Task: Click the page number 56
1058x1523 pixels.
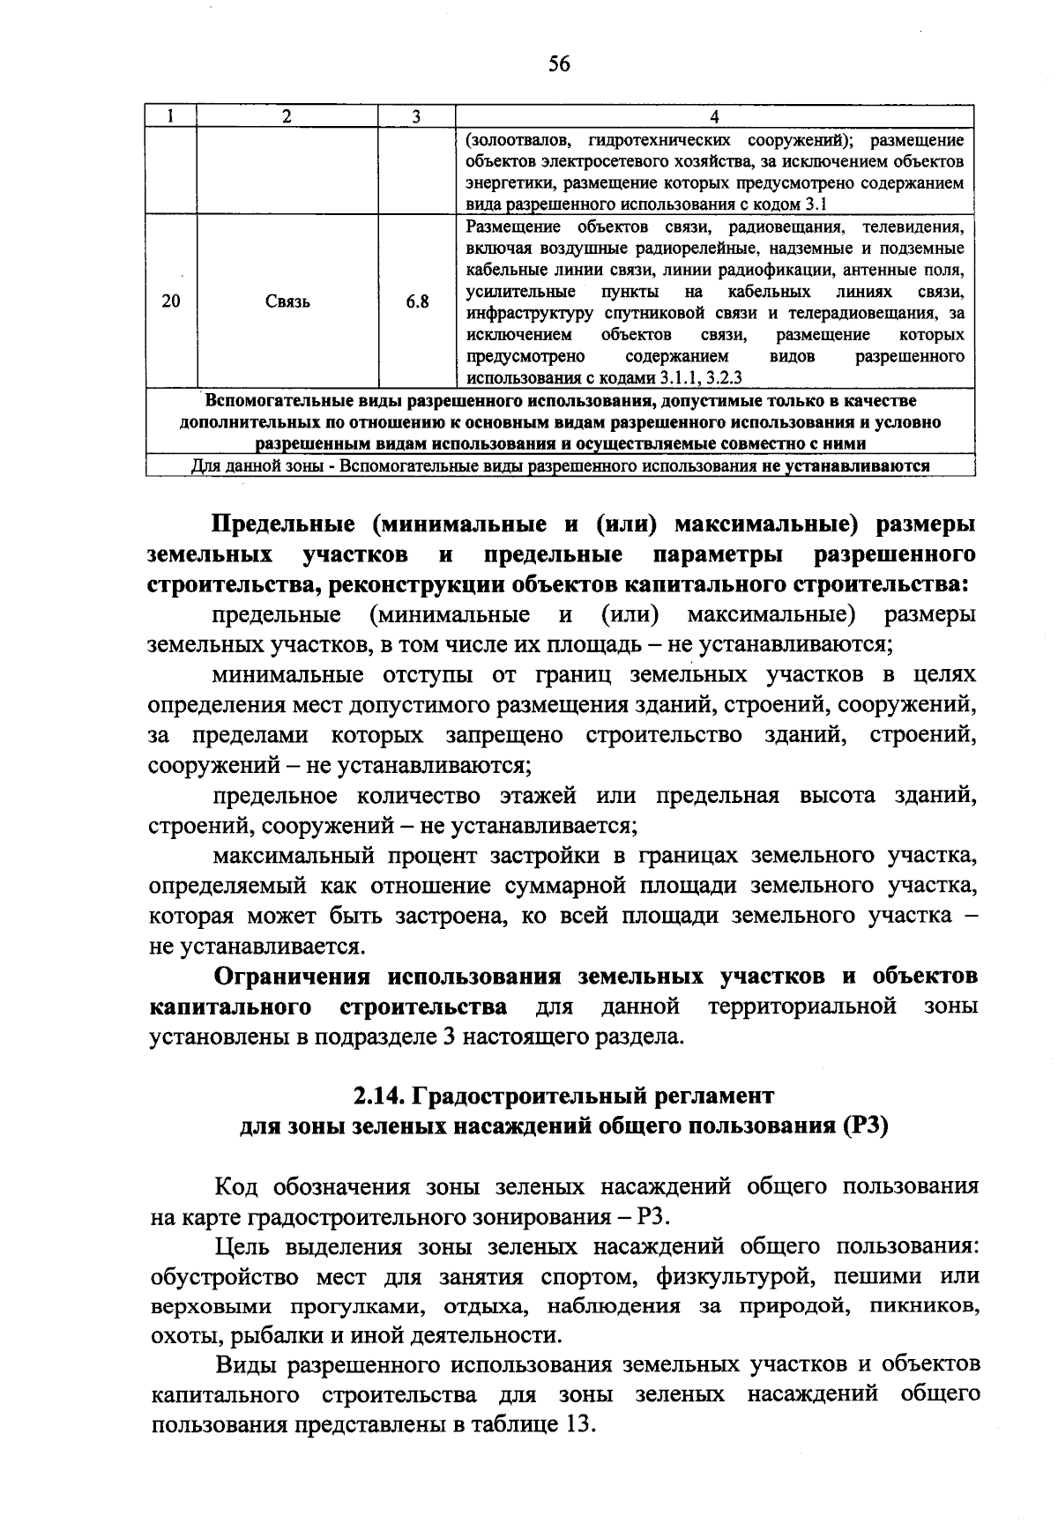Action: click(559, 63)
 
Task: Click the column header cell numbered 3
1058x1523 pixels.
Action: click(416, 117)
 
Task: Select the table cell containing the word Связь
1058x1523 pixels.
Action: click(287, 302)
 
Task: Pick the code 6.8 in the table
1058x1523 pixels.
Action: click(417, 302)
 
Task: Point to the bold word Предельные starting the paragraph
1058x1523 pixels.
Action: click(283, 524)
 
